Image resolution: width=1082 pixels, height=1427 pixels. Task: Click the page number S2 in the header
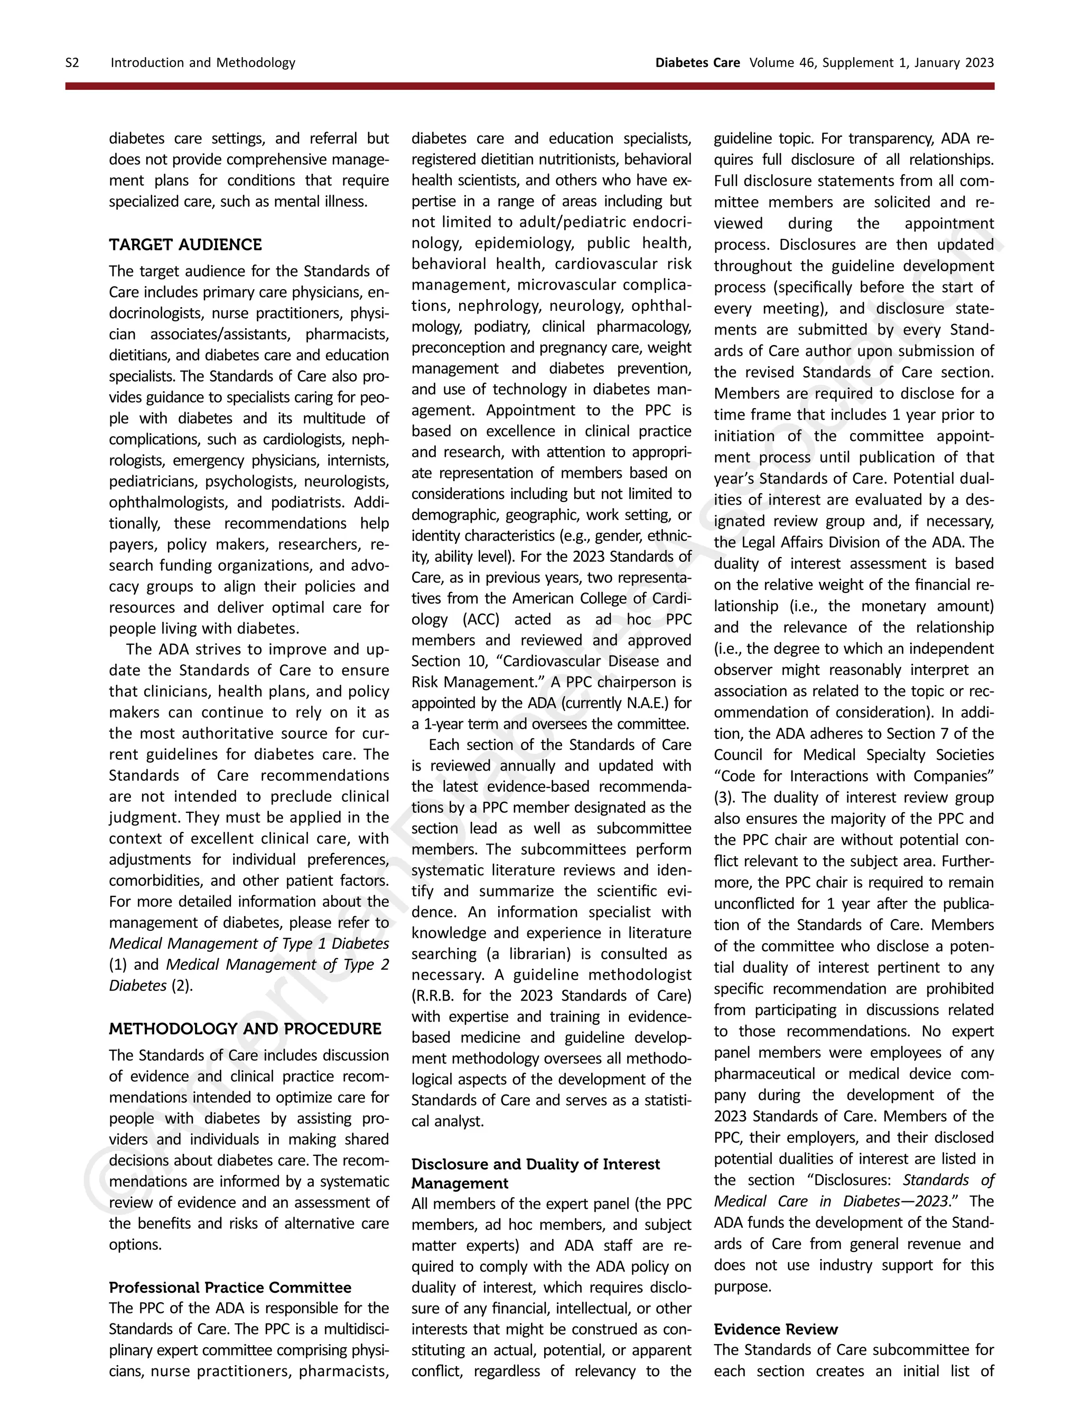(72, 62)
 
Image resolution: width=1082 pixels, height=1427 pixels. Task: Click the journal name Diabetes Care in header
(697, 62)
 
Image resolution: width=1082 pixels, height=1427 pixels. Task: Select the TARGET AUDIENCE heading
(185, 245)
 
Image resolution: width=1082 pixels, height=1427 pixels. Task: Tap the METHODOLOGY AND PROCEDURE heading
(245, 1028)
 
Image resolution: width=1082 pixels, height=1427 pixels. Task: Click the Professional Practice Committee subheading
(230, 1287)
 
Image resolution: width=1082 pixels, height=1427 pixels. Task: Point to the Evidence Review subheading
(775, 1329)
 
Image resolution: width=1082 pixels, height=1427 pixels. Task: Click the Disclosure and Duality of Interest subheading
(535, 1164)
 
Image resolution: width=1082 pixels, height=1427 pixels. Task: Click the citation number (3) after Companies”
(723, 798)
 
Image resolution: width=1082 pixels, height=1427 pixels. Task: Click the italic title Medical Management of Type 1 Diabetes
(249, 943)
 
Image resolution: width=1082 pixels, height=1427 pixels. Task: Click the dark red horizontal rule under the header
(529, 86)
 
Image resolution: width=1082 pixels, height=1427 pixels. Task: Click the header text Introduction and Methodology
(202, 62)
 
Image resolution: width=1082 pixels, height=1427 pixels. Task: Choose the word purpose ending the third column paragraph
(742, 1286)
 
